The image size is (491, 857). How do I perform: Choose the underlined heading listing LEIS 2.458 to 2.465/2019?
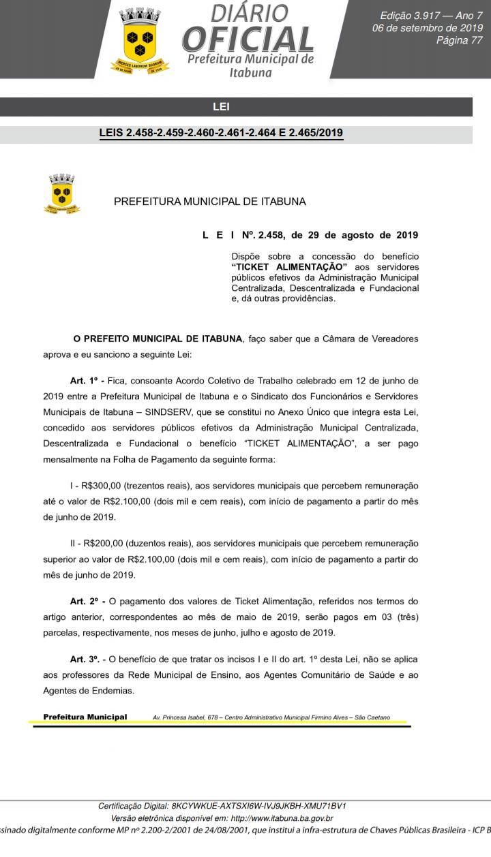coord(221,133)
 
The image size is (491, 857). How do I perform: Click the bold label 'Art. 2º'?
coord(87,602)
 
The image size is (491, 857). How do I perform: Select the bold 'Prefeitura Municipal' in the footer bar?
coord(85,717)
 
